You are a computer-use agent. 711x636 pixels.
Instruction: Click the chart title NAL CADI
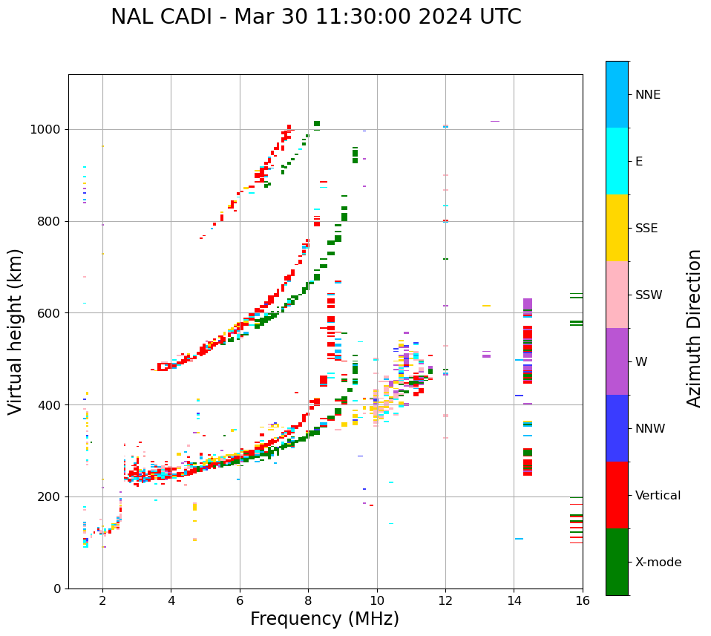315,17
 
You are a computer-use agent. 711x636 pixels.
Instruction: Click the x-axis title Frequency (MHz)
324,619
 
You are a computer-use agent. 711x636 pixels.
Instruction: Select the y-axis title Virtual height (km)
16,331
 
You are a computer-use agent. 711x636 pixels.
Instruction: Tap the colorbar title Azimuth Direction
694,327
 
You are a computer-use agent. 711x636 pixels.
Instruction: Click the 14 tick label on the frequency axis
514,600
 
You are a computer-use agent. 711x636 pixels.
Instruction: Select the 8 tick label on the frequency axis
308,600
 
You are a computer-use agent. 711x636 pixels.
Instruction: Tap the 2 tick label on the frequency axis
102,600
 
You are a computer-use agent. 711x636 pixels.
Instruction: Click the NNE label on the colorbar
648,95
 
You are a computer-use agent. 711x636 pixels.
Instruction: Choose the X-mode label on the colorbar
658,563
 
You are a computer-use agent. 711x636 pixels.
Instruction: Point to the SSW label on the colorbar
649,295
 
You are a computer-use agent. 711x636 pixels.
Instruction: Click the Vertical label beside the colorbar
658,496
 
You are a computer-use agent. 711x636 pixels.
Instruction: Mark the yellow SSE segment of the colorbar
617,228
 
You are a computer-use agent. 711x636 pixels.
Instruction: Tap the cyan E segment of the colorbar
617,161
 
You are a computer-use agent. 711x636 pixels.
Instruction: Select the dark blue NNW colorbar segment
617,428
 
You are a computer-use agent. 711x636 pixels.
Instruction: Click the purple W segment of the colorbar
617,361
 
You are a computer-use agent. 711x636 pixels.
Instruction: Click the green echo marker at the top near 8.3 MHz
317,124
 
